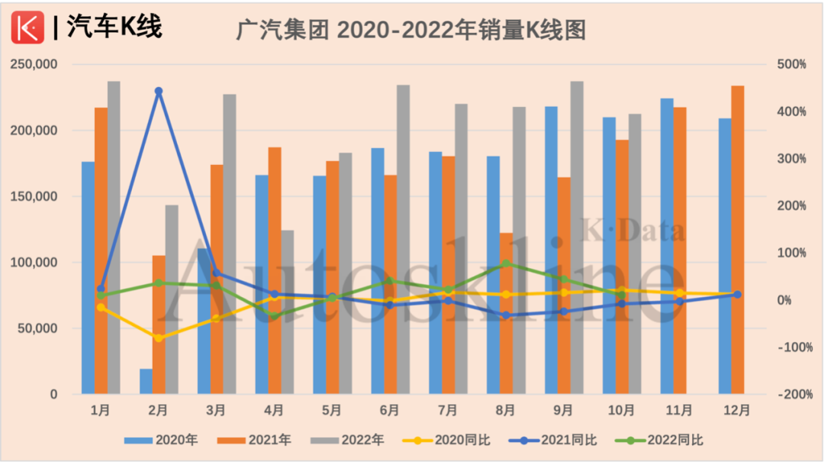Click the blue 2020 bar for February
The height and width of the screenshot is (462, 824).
point(146,382)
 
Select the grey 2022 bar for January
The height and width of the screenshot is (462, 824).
point(114,237)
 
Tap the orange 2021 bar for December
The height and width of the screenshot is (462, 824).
point(738,240)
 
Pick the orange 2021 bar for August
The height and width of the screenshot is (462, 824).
point(506,313)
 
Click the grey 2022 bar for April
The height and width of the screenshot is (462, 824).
point(287,312)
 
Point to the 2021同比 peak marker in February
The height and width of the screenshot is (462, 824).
point(159,92)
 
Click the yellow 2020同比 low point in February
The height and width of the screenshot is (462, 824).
point(159,338)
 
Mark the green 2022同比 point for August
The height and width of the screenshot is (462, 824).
point(506,264)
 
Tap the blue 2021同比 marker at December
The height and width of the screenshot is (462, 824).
point(738,294)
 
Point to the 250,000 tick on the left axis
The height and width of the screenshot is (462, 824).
point(34,65)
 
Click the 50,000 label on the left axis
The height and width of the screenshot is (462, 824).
point(37,328)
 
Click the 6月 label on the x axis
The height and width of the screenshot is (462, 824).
point(390,410)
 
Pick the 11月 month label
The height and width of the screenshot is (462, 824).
point(680,410)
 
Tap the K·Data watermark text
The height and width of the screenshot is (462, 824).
point(634,230)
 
